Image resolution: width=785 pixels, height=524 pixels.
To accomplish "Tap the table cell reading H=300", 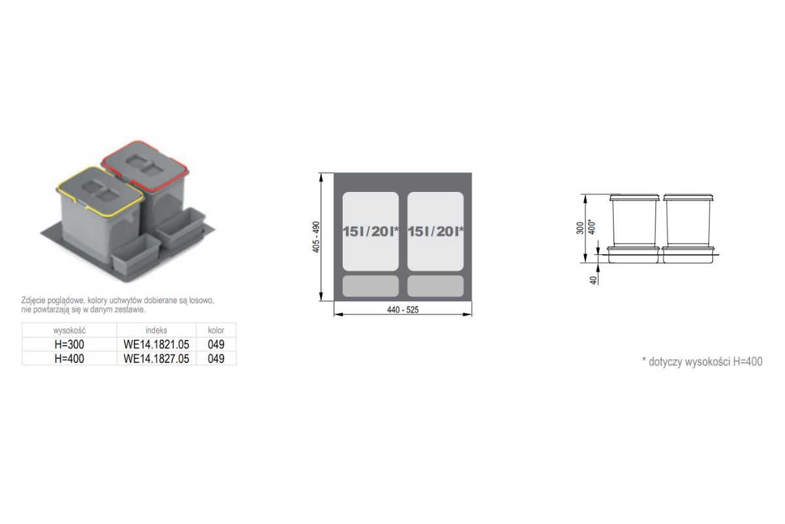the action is [x=69, y=345].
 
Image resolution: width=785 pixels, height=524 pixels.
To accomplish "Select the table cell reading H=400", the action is [x=69, y=359].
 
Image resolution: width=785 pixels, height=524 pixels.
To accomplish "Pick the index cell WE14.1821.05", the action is [x=156, y=345].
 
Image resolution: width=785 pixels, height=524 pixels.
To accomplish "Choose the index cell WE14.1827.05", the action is [x=156, y=359].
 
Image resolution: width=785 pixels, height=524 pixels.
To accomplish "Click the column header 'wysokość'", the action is [x=69, y=330].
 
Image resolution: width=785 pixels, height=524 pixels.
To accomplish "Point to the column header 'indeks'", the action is [x=156, y=330].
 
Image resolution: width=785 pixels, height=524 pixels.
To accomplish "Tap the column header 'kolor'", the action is [x=216, y=330].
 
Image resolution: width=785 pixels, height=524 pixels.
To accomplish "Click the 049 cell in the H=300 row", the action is [x=216, y=345].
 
